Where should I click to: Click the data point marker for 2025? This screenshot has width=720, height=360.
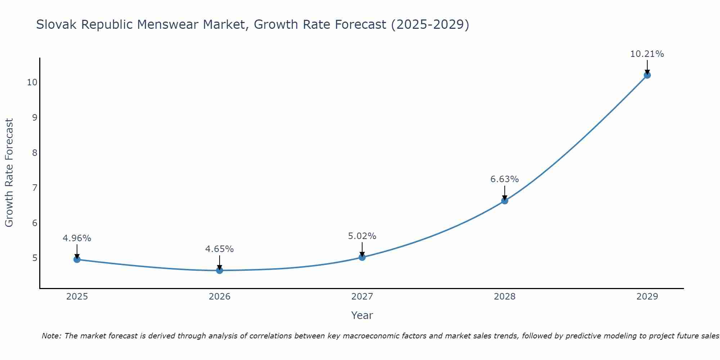tap(77, 259)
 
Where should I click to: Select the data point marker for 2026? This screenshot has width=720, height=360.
tap(220, 270)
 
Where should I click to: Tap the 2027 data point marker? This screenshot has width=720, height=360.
tap(362, 257)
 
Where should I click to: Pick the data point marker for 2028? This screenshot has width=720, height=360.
tap(505, 201)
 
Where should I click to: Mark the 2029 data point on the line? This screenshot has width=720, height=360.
tap(647, 75)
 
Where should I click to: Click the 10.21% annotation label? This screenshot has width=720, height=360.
tap(647, 54)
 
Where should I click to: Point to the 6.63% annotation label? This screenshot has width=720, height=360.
tap(504, 179)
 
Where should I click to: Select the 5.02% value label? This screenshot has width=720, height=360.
tap(362, 236)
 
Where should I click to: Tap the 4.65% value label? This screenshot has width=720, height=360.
tap(219, 249)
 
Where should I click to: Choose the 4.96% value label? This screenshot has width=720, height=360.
tap(77, 238)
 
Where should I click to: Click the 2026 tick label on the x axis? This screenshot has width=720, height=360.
tap(220, 297)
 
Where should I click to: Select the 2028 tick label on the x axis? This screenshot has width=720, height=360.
tap(505, 297)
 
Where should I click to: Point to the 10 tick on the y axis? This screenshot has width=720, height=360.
tap(32, 82)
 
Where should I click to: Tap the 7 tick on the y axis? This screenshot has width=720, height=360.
tap(35, 188)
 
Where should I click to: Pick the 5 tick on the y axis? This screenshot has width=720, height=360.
tap(35, 258)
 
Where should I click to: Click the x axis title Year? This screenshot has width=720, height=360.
tap(362, 315)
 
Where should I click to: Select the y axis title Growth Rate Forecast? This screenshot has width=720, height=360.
tap(9, 172)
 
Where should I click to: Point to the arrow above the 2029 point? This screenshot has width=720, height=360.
tap(647, 67)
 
